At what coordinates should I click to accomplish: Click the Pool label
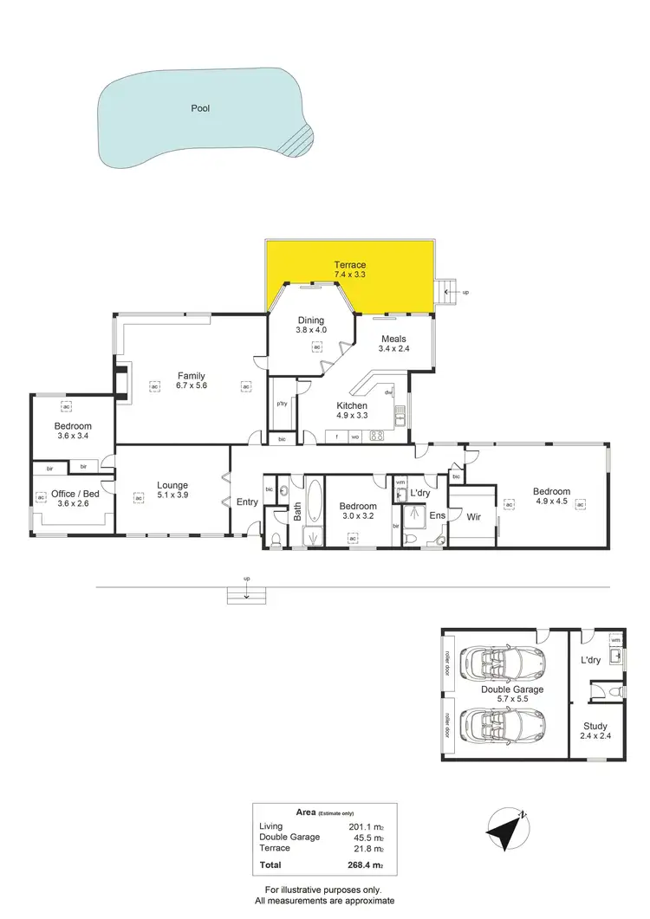tap(201, 109)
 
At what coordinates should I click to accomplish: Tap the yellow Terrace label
tap(350, 264)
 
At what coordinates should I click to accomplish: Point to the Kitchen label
tap(352, 405)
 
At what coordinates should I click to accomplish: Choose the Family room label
tap(191, 376)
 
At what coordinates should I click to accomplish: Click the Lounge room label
tap(172, 485)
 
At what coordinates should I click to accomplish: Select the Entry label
tap(247, 502)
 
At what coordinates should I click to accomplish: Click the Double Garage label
tap(512, 689)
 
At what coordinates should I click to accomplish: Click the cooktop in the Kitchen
tap(377, 437)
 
